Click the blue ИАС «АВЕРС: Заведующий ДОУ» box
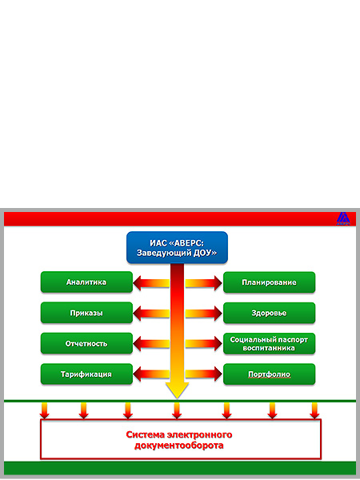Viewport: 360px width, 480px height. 177,247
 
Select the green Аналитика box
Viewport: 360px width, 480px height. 86,282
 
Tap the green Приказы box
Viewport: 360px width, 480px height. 86,313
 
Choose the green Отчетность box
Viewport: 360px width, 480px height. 86,343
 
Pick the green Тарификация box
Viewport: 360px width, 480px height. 86,374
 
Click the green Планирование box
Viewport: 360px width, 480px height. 269,282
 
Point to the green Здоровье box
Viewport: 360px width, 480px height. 269,313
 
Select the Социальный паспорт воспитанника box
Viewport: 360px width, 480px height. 269,343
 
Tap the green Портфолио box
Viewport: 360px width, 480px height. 269,374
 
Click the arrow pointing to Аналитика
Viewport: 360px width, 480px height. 151,283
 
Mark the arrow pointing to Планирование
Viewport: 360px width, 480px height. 203,283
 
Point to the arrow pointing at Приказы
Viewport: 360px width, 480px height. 151,314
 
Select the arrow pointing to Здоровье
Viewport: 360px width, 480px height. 203,314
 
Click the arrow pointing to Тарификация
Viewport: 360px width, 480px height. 151,374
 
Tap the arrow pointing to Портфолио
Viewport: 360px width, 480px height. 203,374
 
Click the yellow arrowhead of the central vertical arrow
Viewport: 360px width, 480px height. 177,390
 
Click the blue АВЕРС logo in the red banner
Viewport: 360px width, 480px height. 343,218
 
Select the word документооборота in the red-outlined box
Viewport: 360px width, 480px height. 178,445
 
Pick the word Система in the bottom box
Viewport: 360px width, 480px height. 145,434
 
